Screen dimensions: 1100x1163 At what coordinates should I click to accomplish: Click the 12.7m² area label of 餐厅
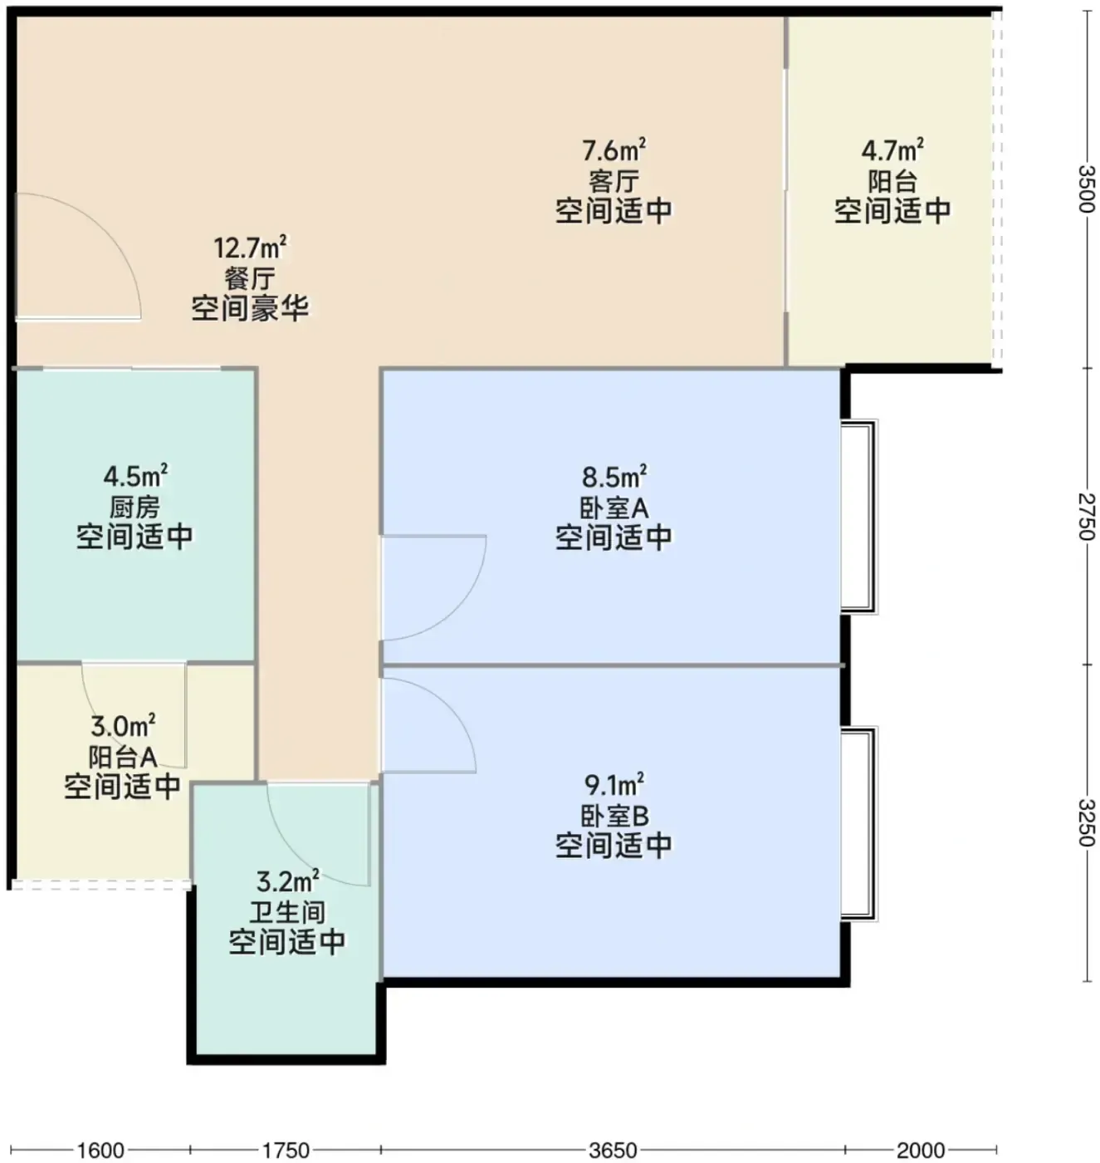250,248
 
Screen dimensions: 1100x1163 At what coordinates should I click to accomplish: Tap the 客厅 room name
614,181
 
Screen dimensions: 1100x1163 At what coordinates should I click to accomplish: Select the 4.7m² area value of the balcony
892,150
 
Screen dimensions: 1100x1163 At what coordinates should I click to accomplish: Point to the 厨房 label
134,508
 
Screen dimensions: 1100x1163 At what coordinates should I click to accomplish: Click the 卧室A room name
614,508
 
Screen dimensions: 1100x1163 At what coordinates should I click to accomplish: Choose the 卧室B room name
614,817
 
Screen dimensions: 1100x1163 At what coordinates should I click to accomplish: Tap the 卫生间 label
286,913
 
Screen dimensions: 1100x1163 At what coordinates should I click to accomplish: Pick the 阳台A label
122,757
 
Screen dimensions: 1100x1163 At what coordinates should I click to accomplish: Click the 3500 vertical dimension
1087,188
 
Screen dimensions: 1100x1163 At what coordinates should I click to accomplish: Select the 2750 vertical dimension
1087,517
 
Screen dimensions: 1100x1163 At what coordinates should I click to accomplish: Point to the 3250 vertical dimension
1087,823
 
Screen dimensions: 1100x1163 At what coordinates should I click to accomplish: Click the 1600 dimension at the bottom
100,1151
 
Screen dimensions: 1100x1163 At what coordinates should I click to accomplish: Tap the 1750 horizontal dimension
286,1151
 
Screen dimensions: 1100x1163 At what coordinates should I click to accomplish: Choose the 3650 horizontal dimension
614,1151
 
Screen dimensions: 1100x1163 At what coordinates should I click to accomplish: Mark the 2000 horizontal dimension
921,1151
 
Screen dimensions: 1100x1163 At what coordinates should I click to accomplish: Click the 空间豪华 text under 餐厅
250,307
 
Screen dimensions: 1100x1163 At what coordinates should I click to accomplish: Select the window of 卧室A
858,517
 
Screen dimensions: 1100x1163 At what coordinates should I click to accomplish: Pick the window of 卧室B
858,824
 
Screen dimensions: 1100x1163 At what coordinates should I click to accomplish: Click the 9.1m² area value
614,784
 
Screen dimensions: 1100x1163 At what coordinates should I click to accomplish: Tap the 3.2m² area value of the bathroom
287,881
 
